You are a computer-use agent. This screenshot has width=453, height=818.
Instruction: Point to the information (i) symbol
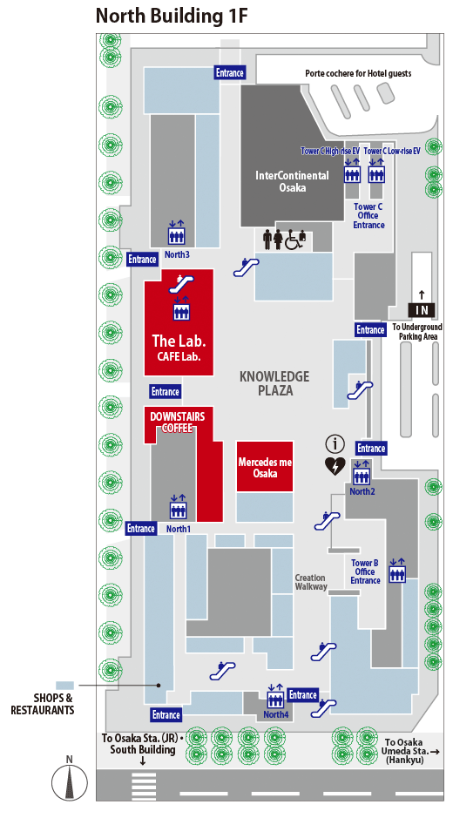(335, 444)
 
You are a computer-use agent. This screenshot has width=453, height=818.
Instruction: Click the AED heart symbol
(335, 466)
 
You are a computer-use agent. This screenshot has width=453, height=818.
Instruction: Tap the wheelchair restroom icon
(294, 240)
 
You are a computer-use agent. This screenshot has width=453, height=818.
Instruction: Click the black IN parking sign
(422, 310)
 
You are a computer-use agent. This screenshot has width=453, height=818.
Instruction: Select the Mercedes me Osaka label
(265, 468)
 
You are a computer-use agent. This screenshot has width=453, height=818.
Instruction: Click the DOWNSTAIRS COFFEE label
(178, 422)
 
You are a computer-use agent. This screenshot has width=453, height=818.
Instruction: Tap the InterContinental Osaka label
(292, 181)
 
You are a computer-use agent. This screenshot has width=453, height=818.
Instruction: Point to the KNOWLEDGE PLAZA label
(274, 383)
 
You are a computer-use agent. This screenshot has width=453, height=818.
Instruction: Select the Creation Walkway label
(311, 582)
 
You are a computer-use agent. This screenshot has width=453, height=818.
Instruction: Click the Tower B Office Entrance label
(365, 571)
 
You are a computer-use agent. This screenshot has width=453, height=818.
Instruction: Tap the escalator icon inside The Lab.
(180, 283)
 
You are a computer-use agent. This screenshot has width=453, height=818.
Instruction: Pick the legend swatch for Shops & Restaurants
(65, 685)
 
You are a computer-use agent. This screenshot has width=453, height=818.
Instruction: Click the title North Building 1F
(171, 17)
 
